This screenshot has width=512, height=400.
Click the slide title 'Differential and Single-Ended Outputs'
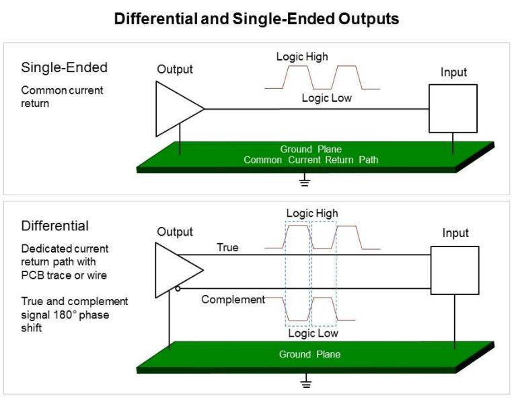(256, 19)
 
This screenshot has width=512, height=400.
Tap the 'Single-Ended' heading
(65, 67)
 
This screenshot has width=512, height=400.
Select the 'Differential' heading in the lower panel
(55, 226)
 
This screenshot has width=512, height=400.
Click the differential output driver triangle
(176, 269)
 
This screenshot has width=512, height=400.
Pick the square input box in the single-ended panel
(452, 108)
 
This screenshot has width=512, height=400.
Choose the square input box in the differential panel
(455, 270)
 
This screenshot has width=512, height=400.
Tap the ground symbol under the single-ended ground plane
(304, 180)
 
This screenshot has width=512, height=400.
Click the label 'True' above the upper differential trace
(227, 248)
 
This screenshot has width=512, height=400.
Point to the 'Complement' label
(233, 300)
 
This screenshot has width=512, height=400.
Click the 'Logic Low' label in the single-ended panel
(326, 98)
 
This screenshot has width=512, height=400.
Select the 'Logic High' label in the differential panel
(312, 213)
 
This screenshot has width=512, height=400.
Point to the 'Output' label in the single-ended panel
(175, 69)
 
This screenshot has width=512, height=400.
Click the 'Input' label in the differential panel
(455, 234)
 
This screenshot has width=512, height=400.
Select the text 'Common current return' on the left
(62, 96)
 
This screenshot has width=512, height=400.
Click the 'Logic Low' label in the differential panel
(313, 333)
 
